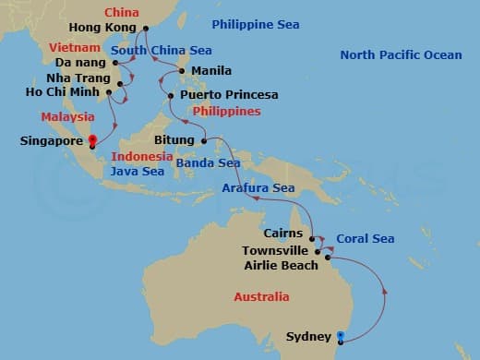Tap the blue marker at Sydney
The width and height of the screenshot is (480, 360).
pyautogui.click(x=341, y=336)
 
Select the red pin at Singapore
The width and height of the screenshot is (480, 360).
pyautogui.click(x=91, y=141)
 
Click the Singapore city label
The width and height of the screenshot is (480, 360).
pyautogui.click(x=52, y=142)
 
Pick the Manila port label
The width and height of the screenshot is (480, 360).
pyautogui.click(x=211, y=70)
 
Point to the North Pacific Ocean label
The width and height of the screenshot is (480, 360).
pyautogui.click(x=401, y=55)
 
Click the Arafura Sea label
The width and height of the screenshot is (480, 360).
pyautogui.click(x=258, y=188)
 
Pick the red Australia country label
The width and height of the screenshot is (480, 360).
pyautogui.click(x=260, y=297)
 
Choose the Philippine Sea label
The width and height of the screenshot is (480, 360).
pyautogui.click(x=247, y=24)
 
